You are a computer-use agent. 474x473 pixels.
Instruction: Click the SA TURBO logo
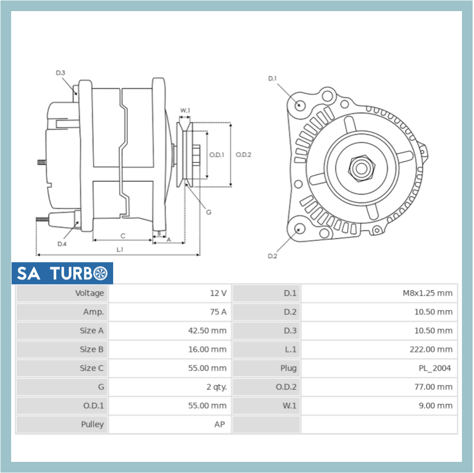[x=62, y=274]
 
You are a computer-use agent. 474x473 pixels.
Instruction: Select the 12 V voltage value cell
[x=218, y=293]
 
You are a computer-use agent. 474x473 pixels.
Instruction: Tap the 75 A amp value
[x=218, y=312]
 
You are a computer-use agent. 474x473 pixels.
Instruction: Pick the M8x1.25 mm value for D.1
[x=427, y=293]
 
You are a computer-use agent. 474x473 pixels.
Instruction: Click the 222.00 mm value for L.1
[x=431, y=350]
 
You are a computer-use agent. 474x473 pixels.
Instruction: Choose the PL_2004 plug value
[x=434, y=368]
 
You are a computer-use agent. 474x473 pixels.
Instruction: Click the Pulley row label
[x=92, y=424]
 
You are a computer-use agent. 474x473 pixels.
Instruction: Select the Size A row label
[x=91, y=331]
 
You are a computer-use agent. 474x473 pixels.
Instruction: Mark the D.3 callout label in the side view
[x=61, y=73]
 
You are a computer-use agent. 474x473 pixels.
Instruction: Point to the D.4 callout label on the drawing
[x=62, y=244]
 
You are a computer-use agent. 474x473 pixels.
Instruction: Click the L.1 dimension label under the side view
[x=120, y=249]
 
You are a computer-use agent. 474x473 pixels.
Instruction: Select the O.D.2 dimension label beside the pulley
[x=243, y=155]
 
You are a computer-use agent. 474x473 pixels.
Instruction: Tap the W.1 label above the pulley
[x=185, y=110]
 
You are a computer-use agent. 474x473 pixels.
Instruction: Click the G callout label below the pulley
[x=209, y=212]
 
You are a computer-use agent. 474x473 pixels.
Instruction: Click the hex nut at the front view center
[x=360, y=168]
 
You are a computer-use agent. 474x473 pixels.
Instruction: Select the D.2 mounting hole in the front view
[x=299, y=228]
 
